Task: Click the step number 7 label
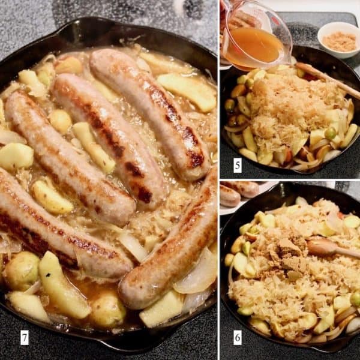point(25,338)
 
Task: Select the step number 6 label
point(238,338)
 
